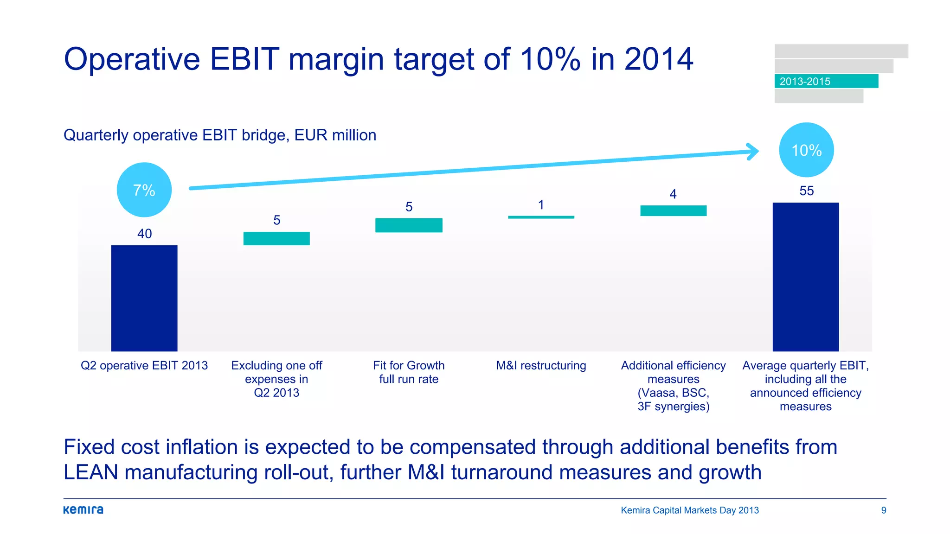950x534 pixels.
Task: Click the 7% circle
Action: pos(144,190)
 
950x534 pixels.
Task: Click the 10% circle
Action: pos(806,150)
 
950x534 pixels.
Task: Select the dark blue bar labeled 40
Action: pos(144,298)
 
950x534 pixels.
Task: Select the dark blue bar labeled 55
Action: pos(806,277)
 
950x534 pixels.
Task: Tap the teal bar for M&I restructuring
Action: pos(541,217)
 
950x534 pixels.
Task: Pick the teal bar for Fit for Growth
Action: pos(409,225)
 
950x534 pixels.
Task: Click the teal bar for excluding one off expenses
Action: pos(276,238)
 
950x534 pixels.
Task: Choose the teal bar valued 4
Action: pos(673,210)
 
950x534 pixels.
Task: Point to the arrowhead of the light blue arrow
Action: pos(753,152)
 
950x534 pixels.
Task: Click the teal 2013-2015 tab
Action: pos(826,81)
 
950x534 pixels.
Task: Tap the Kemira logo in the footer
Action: pos(83,510)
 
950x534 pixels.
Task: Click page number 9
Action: pos(884,510)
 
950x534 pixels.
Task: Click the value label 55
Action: pos(806,191)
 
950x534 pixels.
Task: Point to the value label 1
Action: pos(541,205)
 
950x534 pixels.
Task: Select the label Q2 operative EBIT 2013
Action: pos(144,365)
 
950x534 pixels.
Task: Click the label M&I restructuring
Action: pos(541,365)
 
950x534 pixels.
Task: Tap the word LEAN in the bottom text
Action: pos(90,472)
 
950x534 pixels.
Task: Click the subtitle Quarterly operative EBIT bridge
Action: pos(220,135)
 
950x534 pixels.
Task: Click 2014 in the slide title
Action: pos(658,59)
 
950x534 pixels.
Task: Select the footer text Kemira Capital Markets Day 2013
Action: pos(690,510)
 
